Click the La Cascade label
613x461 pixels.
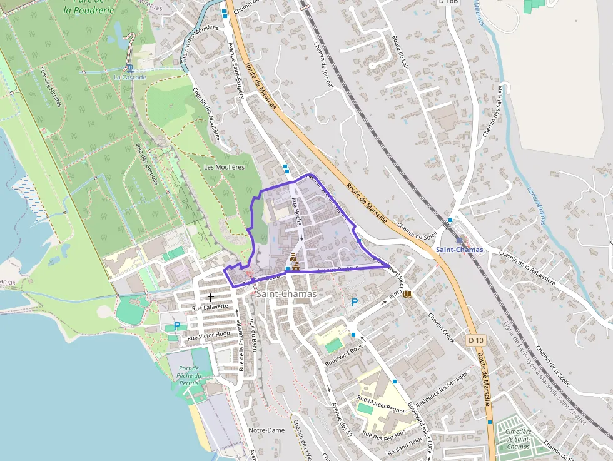pyautogui.click(x=129, y=78)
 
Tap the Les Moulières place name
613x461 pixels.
pyautogui.click(x=224, y=167)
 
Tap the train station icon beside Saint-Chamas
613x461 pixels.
pyautogui.click(x=459, y=240)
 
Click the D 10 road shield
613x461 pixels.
pyautogui.click(x=476, y=340)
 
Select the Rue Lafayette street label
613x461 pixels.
pyautogui.click(x=210, y=307)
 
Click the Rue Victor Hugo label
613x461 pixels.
pyautogui.click(x=209, y=337)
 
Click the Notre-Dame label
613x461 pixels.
pyautogui.click(x=266, y=430)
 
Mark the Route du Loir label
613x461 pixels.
pyautogui.click(x=400, y=53)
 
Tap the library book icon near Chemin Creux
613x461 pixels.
pyautogui.click(x=408, y=294)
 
